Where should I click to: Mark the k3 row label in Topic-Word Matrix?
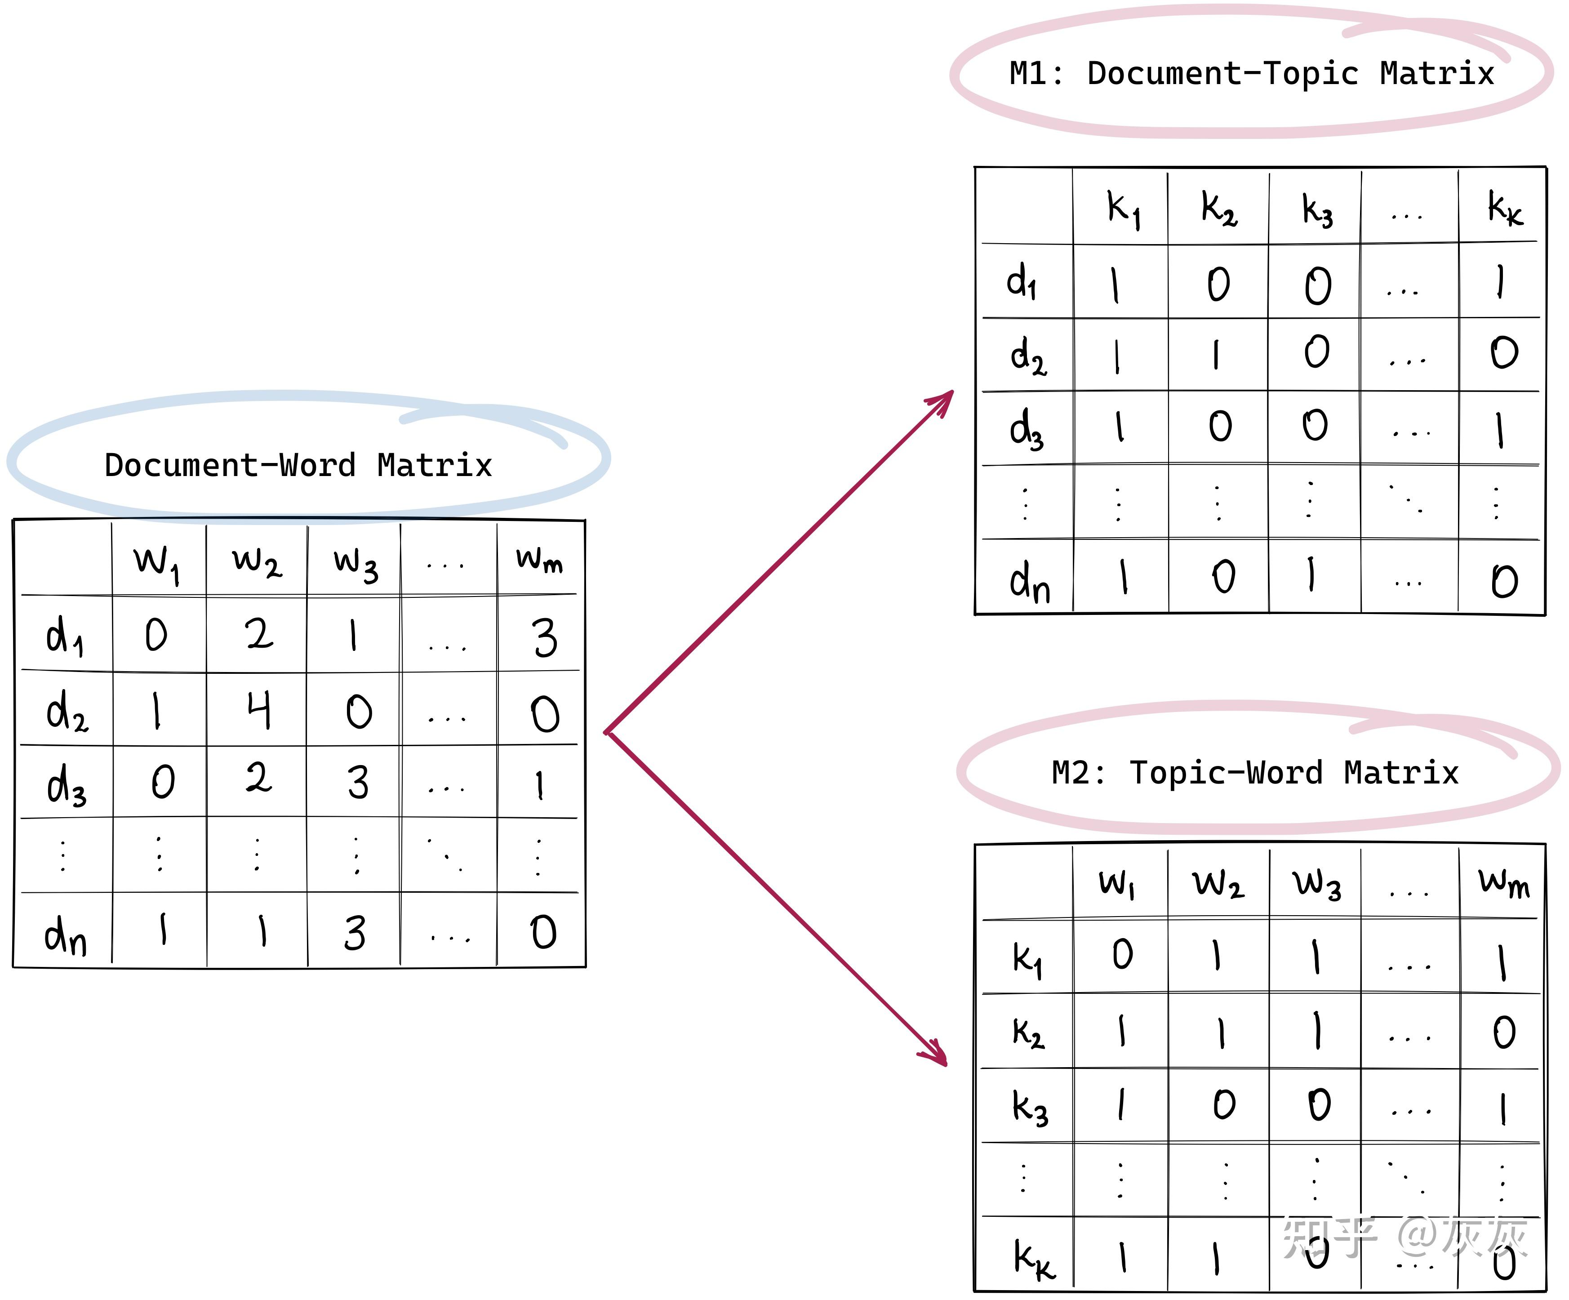[x=1030, y=1107]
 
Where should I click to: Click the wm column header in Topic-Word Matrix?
[x=1503, y=883]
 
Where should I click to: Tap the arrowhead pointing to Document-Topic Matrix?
[x=943, y=400]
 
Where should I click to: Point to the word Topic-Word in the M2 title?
[x=1225, y=773]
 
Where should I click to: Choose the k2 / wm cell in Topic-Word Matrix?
[x=1503, y=1033]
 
